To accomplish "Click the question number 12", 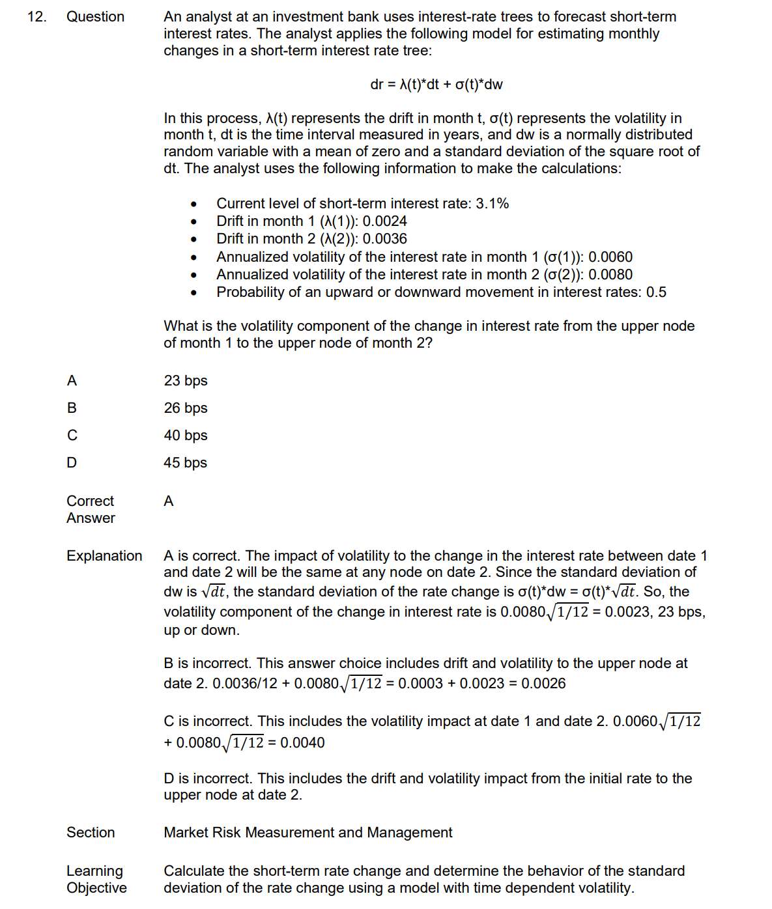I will [x=36, y=17].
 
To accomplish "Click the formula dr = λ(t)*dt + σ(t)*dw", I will [x=436, y=85].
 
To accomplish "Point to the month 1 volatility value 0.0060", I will [x=610, y=257].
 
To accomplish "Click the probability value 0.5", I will [x=656, y=292].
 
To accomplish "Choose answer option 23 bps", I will [x=186, y=381].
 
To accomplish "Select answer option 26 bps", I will [x=186, y=408].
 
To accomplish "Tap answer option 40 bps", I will [x=186, y=436].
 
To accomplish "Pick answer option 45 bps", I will [x=186, y=463].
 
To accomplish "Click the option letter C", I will [x=72, y=436].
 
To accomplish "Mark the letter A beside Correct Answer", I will [x=169, y=501].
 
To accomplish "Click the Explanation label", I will [x=104, y=556].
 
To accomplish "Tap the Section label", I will [x=91, y=833].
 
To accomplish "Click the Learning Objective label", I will [x=96, y=880].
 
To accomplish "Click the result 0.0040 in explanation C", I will [x=302, y=743].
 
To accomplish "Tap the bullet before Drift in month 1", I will [x=193, y=222].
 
